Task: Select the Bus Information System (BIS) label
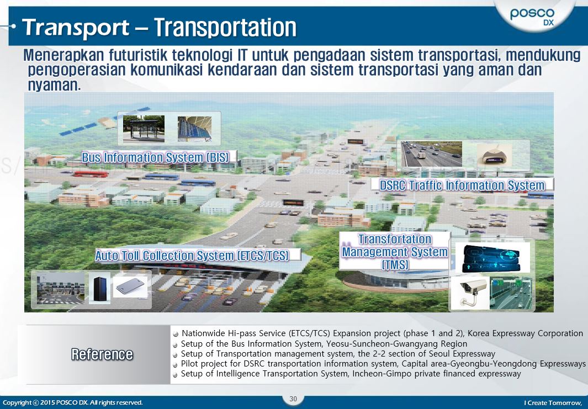click(155, 157)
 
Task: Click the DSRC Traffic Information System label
click(462, 185)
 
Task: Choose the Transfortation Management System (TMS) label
click(394, 252)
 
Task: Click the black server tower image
click(99, 288)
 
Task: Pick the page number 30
click(293, 399)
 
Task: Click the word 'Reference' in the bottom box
click(102, 354)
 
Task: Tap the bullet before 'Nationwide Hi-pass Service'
click(176, 334)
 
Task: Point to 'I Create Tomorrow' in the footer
click(553, 402)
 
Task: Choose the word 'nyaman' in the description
click(52, 86)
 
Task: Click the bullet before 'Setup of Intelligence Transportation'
click(176, 374)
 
